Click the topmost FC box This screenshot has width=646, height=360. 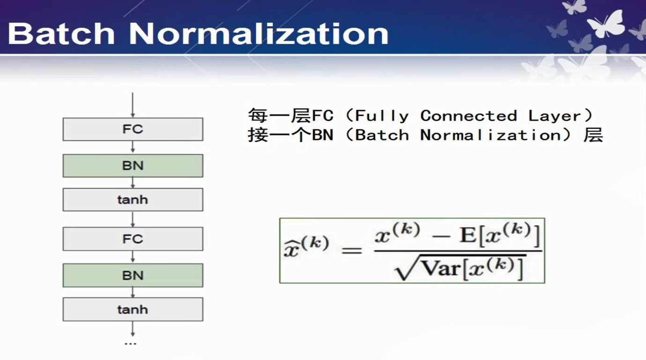pos(133,129)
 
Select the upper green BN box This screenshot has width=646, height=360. pos(133,166)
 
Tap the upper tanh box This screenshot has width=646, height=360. pos(133,199)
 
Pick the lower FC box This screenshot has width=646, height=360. pos(133,239)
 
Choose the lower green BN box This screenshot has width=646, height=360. pos(133,275)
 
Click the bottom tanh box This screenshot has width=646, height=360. pos(133,309)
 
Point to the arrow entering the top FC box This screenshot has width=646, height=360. pos(132,105)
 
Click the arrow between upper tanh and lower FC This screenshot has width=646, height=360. pos(132,219)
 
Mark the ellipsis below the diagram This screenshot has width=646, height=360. pos(130,344)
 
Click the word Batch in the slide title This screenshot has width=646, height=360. pos(61,34)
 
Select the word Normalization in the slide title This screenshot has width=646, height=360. pos(259,34)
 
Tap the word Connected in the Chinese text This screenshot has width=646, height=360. pos(468,116)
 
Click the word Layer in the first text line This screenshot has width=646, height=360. pos(554,117)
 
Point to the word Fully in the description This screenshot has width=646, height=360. pos(382,117)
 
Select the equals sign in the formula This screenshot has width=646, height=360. pos(352,250)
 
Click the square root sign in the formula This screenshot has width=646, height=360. pos(404,267)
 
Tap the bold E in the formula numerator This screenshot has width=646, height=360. pos(468,235)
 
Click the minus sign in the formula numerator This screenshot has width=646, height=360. pos(441,237)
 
